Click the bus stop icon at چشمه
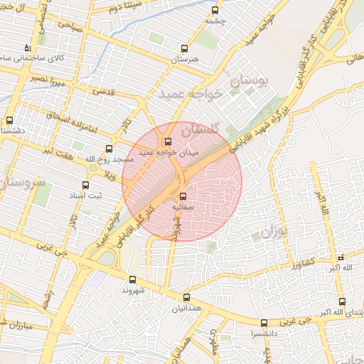(x=215, y=11)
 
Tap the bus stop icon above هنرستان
(x=185, y=49)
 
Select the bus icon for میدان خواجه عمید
(x=168, y=141)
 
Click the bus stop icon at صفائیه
(x=183, y=196)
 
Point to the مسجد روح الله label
(x=109, y=159)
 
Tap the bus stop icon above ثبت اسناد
(x=85, y=185)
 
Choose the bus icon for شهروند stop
(x=132, y=279)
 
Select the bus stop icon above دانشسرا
(x=264, y=322)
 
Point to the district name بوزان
(x=276, y=232)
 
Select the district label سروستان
(x=21, y=184)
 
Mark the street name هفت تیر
(x=61, y=151)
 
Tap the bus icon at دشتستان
(x=9, y=120)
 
